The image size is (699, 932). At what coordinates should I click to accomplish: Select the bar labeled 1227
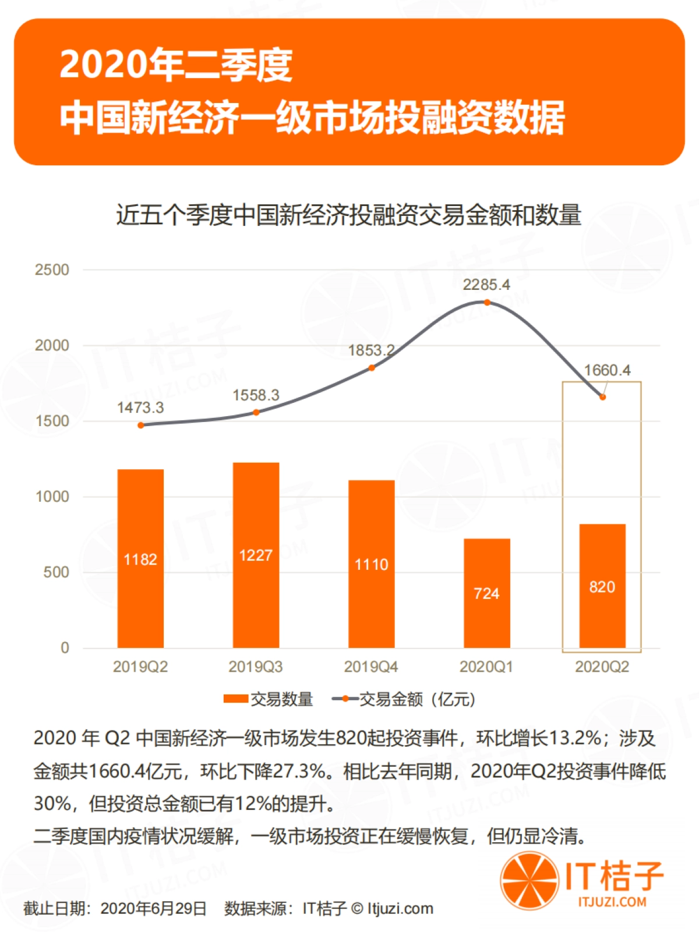[x=256, y=555]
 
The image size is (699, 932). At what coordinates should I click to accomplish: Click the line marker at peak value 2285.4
[x=487, y=302]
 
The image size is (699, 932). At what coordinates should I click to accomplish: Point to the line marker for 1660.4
[x=602, y=397]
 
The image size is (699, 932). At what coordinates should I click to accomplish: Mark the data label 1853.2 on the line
[x=371, y=350]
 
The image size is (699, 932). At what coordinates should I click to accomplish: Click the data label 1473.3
[x=140, y=407]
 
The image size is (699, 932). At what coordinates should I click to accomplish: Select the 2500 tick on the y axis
[x=52, y=270]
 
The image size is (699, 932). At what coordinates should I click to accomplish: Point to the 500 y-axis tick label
[x=56, y=572]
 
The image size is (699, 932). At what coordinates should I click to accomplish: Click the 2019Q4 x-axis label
[x=371, y=667]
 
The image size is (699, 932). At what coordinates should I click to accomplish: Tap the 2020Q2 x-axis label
[x=602, y=667]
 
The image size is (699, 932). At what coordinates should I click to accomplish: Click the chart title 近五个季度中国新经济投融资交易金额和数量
[x=348, y=215]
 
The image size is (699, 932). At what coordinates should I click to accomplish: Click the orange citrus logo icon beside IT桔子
[x=528, y=881]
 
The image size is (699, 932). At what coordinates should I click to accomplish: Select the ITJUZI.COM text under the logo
[x=612, y=902]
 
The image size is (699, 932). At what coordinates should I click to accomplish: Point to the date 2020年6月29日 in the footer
[x=153, y=909]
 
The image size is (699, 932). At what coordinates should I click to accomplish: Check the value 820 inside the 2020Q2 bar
[x=602, y=587]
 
